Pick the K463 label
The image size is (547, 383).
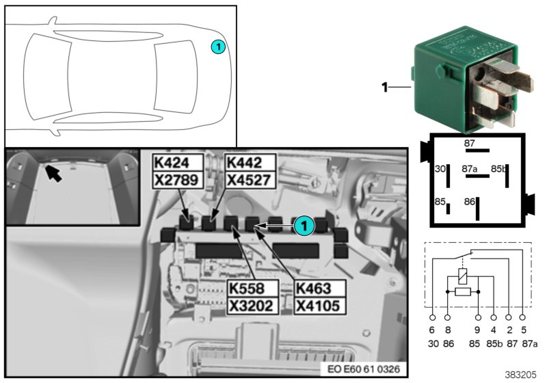tap(317, 288)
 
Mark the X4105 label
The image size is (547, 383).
tap(317, 305)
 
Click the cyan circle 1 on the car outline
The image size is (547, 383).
tap(217, 47)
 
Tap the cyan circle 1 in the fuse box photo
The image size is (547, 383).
tap(306, 222)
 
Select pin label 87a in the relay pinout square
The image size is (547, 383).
tap(470, 168)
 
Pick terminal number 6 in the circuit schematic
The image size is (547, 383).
tap(432, 329)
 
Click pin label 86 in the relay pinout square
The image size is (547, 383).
tap(469, 202)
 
